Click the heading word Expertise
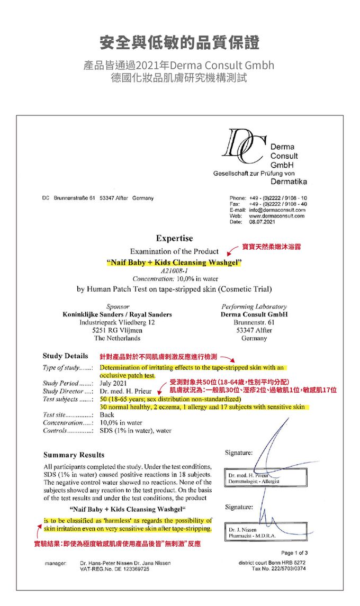pyautogui.click(x=174, y=238)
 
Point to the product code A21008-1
pyautogui.click(x=174, y=271)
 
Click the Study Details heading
pyautogui.click(x=65, y=356)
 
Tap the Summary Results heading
pyautogui.click(x=74, y=455)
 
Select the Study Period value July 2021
pyautogui.click(x=113, y=383)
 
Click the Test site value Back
pyautogui.click(x=107, y=415)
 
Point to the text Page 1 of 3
pyautogui.click(x=292, y=553)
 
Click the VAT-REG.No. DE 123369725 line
pyautogui.click(x=114, y=568)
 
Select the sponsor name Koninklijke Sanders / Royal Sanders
pyautogui.click(x=117, y=314)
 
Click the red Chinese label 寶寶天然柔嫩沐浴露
pyautogui.click(x=272, y=247)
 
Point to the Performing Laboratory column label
pyautogui.click(x=254, y=306)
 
